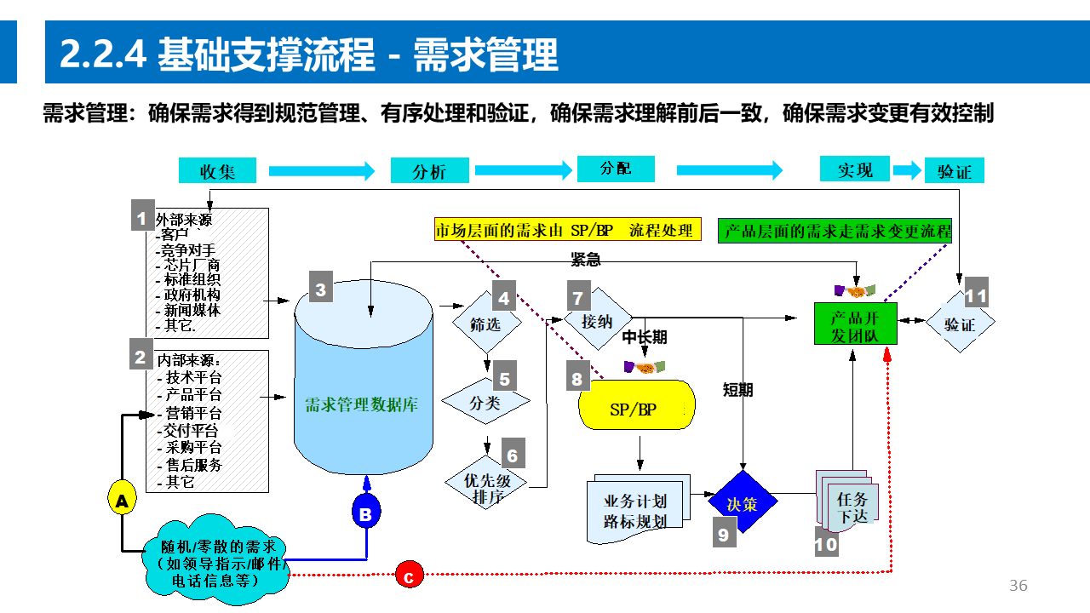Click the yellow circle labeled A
pyautogui.click(x=122, y=501)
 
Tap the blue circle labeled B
pyautogui.click(x=365, y=513)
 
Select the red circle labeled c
pyautogui.click(x=409, y=576)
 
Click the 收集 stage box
pyautogui.click(x=217, y=171)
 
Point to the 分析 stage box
pyautogui.click(x=429, y=171)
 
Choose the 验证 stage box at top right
pyautogui.click(x=954, y=171)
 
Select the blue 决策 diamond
pyautogui.click(x=743, y=502)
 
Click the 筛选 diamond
pyautogui.click(x=486, y=324)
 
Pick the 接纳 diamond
pyautogui.click(x=598, y=323)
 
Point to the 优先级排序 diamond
pyautogui.click(x=486, y=488)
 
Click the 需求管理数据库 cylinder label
pyautogui.click(x=362, y=405)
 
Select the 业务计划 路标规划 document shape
pyautogui.click(x=635, y=510)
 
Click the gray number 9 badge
pyautogui.click(x=724, y=534)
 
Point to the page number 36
pyautogui.click(x=1018, y=586)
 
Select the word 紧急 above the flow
pyautogui.click(x=586, y=259)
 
